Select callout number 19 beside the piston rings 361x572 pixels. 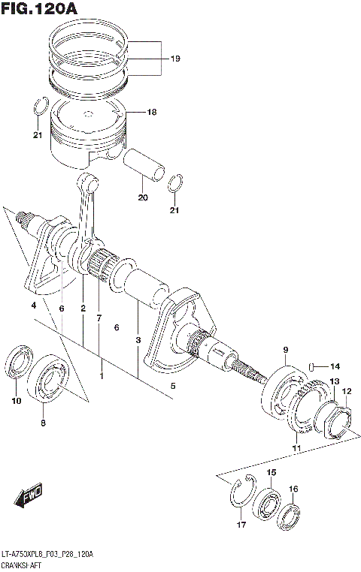(174, 59)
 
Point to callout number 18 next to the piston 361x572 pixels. (151, 112)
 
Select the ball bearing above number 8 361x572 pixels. (50, 375)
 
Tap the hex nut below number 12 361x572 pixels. (338, 420)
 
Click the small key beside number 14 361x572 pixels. (311, 366)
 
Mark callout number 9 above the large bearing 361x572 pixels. (286, 350)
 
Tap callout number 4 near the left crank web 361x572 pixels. (33, 306)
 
